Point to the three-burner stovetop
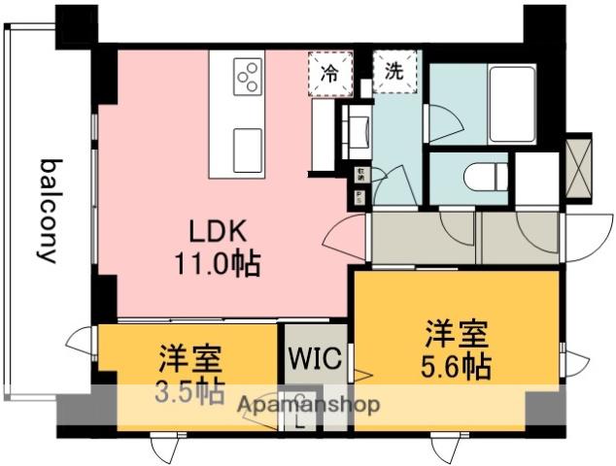(249, 75)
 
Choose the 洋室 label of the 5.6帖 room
(455, 334)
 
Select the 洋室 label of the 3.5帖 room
(190, 359)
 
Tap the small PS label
(360, 198)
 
